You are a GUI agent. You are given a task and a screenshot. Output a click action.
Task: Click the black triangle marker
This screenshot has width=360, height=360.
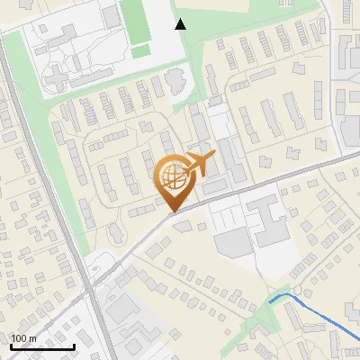pos(180,24)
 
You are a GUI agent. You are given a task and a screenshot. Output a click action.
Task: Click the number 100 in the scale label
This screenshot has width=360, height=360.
pos(18,338)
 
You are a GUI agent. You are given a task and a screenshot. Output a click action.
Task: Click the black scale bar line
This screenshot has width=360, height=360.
pos(41,346)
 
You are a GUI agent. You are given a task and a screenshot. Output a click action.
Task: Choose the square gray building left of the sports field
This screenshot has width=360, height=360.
pos(110,15)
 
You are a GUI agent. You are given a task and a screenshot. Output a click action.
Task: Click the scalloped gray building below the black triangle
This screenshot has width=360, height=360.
pos(175,83)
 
